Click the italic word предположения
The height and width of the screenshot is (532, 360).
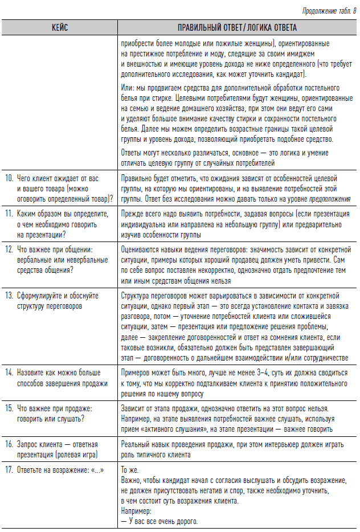point(330,198)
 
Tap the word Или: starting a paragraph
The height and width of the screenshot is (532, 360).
point(128,88)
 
